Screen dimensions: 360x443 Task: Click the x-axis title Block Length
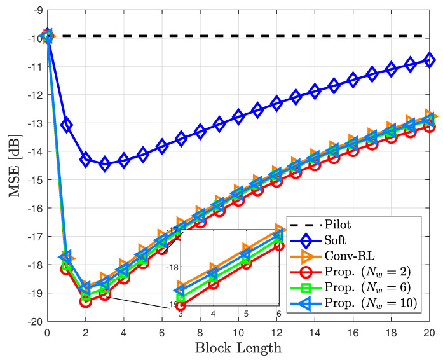pos(238,348)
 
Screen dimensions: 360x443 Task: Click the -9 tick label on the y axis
pos(37,10)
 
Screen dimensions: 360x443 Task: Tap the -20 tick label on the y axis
pos(34,321)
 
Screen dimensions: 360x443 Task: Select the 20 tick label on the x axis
pos(430,332)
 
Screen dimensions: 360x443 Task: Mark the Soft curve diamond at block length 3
pos(105,164)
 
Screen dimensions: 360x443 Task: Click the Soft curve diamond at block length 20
pos(430,60)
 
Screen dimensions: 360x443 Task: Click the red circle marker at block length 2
pos(86,301)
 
